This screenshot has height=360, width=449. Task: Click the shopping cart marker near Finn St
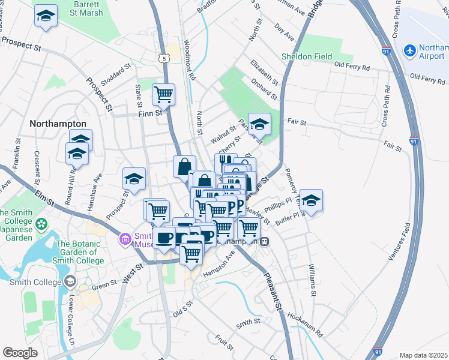tap(163, 94)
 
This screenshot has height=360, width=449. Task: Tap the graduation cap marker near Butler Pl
tap(311, 200)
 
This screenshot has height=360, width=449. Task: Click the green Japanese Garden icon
tap(41, 224)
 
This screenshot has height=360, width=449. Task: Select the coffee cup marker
tap(164, 238)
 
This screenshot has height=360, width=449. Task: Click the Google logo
tap(20, 353)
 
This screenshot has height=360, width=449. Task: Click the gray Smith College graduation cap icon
tap(71, 281)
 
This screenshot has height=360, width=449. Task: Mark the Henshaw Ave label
tap(95, 190)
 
